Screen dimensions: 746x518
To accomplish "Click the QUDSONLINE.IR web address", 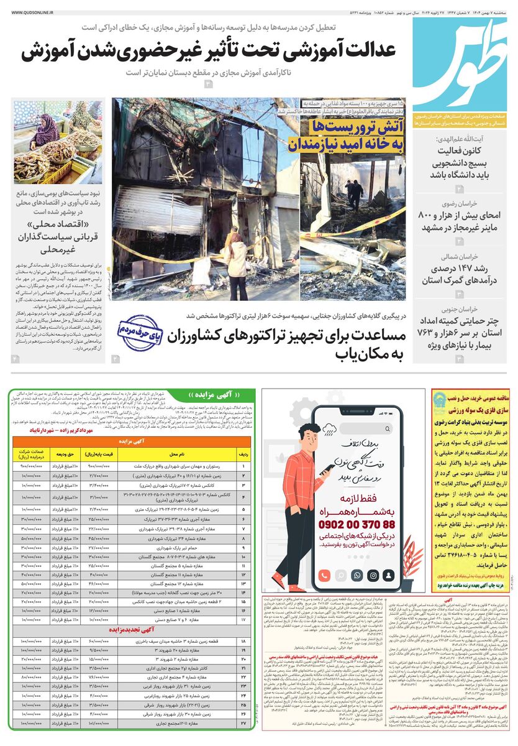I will pos(33,11).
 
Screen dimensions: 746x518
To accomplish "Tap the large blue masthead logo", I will pos(461,62).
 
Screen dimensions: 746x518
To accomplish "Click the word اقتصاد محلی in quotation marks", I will pos(58,225).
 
